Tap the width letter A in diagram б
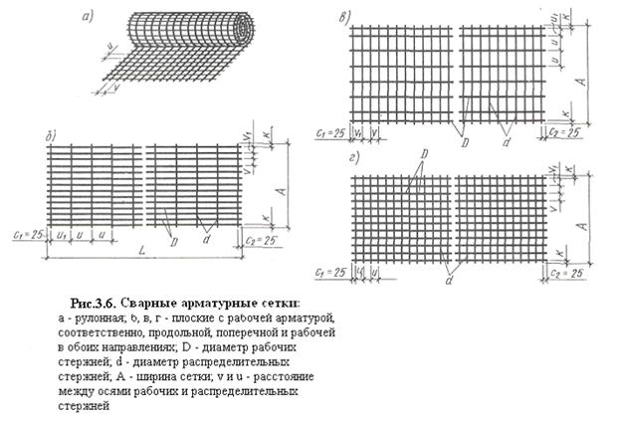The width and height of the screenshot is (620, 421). tap(283, 189)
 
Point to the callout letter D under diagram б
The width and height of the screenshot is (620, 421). tap(173, 240)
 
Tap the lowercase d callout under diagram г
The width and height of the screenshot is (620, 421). tap(450, 282)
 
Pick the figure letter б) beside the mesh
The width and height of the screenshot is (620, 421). tap(37, 132)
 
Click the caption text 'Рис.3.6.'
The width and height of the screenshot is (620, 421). tap(97, 301)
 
